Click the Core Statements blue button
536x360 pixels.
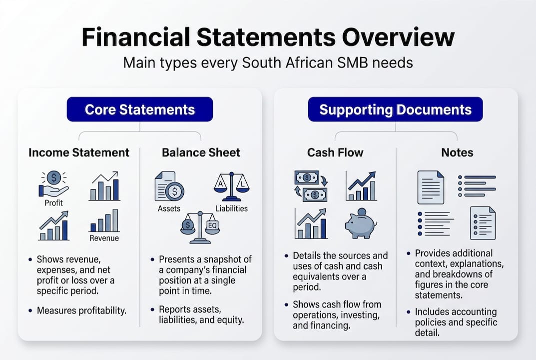(x=140, y=109)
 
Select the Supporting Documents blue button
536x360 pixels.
(x=395, y=109)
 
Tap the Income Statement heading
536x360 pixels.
(x=79, y=152)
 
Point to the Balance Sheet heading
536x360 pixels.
(x=201, y=152)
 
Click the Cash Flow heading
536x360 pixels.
(x=335, y=152)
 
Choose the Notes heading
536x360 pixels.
(x=457, y=152)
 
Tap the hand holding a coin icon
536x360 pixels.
(x=53, y=184)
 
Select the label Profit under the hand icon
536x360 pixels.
(x=54, y=203)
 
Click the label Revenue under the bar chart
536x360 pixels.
(x=104, y=238)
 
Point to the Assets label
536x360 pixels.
(x=169, y=208)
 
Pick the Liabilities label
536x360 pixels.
(x=231, y=208)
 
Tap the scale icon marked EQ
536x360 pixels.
(x=200, y=228)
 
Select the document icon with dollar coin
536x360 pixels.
(x=169, y=186)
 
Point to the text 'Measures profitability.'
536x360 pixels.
(x=82, y=310)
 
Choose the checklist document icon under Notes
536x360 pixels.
(x=483, y=223)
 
